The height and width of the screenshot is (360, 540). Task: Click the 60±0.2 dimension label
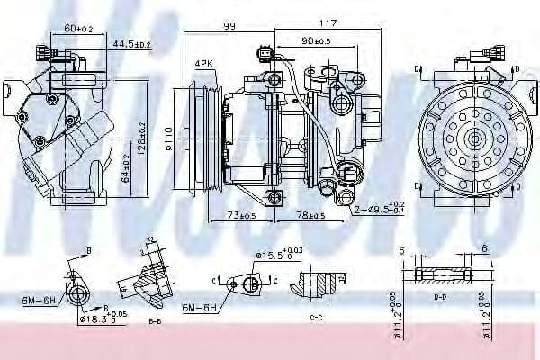(x=79, y=29)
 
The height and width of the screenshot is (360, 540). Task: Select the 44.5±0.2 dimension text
(x=131, y=42)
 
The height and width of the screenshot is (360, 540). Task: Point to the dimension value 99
(x=229, y=27)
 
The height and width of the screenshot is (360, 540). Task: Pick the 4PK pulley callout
(x=202, y=63)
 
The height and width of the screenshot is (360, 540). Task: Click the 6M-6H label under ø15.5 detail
(x=199, y=308)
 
